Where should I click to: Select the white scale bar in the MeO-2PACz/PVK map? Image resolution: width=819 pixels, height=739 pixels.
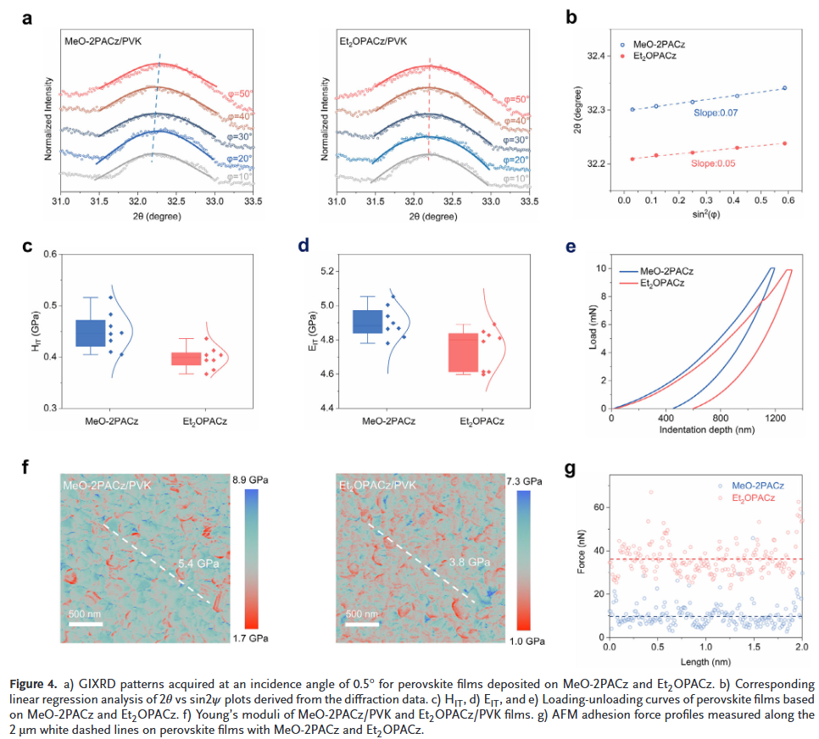tap(86, 625)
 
